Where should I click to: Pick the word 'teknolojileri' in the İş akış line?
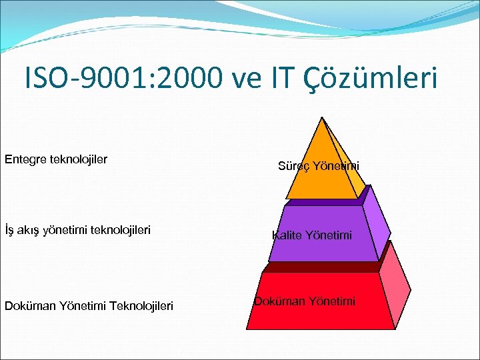click(119, 231)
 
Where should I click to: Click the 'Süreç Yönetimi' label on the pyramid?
click(318, 166)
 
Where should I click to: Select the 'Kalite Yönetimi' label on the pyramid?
click(312, 235)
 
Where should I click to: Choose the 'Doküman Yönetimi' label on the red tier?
click(304, 301)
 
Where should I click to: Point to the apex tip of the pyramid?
click(323, 119)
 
